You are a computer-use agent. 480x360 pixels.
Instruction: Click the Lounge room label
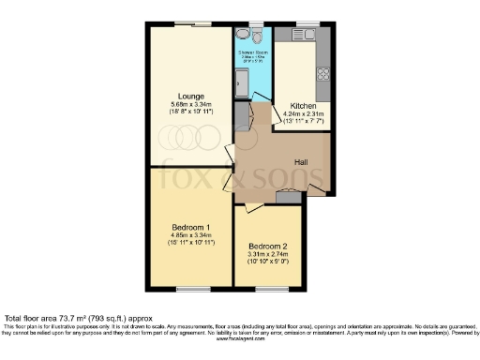[x=192, y=96]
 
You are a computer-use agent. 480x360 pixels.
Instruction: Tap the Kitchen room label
[x=303, y=106]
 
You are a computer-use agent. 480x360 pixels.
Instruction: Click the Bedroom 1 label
[x=190, y=228]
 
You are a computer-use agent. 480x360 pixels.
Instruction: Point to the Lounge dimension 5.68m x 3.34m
[x=192, y=104]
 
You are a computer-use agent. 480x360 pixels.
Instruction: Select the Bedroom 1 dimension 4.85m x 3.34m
[x=190, y=236]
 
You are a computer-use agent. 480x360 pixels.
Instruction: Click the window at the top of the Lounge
[x=192, y=24]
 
